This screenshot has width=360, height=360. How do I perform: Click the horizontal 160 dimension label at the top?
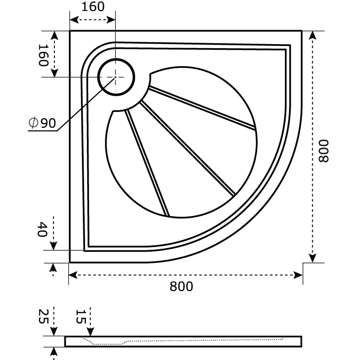tap(93, 7)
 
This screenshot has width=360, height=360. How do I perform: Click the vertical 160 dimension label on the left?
tap(43, 55)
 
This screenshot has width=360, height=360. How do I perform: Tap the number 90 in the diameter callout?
tap(48, 123)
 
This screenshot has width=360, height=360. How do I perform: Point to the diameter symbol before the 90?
tap(33, 122)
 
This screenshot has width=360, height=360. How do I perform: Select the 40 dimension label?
tap(42, 229)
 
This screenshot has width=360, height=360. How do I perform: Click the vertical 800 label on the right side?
tap(324, 151)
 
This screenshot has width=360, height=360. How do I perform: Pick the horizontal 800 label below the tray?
tap(181, 287)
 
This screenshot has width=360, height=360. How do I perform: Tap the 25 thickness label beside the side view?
tap(43, 316)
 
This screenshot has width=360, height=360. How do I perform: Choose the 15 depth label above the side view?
tap(81, 316)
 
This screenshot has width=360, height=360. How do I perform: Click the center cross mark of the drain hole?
tap(116, 77)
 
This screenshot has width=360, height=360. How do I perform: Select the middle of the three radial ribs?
tap(188, 148)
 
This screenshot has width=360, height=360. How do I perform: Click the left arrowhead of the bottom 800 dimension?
tap(73, 275)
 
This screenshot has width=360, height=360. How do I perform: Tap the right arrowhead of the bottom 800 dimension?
tap(298, 275)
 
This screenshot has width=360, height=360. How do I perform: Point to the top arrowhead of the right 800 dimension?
tap(312, 35)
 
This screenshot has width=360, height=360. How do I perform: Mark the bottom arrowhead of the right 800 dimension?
tap(312, 258)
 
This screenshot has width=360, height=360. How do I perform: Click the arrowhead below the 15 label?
tap(90, 332)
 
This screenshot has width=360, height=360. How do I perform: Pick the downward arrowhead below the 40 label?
tap(53, 246)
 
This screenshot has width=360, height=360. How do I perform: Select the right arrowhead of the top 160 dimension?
tap(111, 20)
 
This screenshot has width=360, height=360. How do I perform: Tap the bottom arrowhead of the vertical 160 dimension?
tap(54, 73)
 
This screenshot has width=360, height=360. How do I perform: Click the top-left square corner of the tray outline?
tap(70, 31)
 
